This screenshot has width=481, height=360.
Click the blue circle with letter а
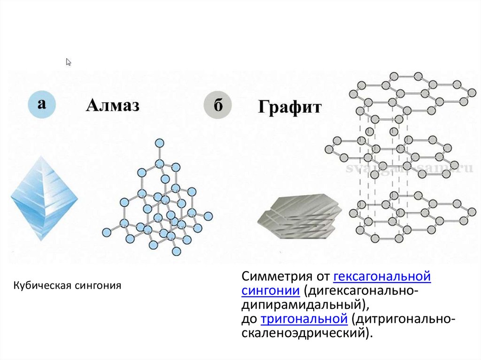[42, 105]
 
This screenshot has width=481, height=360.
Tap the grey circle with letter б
[217, 106]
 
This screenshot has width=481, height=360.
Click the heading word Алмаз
[112, 106]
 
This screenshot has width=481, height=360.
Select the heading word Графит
[289, 108]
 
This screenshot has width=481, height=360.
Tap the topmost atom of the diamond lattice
[160, 143]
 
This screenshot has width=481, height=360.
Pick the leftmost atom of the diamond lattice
[106, 231]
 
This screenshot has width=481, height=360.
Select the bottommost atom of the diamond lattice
[176, 251]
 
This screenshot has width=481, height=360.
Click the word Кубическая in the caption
[41, 285]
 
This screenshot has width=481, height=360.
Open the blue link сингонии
[271, 290]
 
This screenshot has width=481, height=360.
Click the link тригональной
[304, 319]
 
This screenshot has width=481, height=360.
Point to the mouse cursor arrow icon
[69, 62]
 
